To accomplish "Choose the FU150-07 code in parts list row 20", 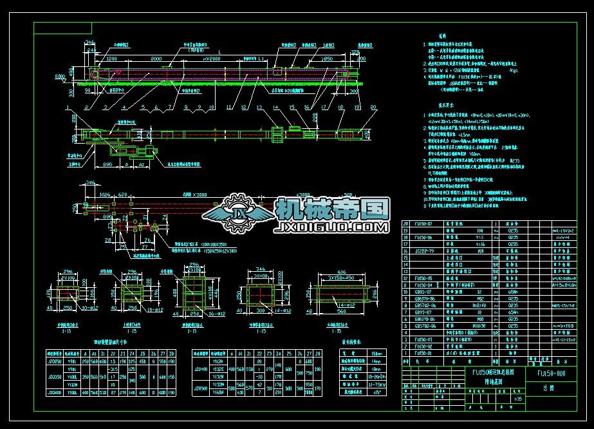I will pyautogui.click(x=424, y=223).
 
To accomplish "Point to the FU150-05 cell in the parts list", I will pyautogui.click(x=424, y=278).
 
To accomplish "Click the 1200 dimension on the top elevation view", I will pyautogui.click(x=111, y=58).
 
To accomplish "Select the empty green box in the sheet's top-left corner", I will pyautogui.click(x=62, y=28).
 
